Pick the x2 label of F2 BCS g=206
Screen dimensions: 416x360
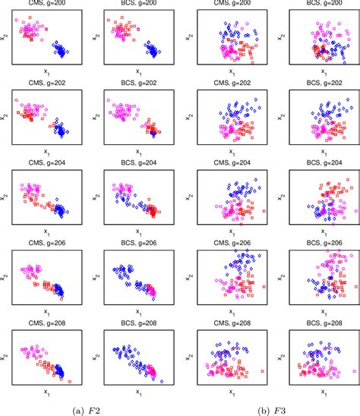coord(96,276)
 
